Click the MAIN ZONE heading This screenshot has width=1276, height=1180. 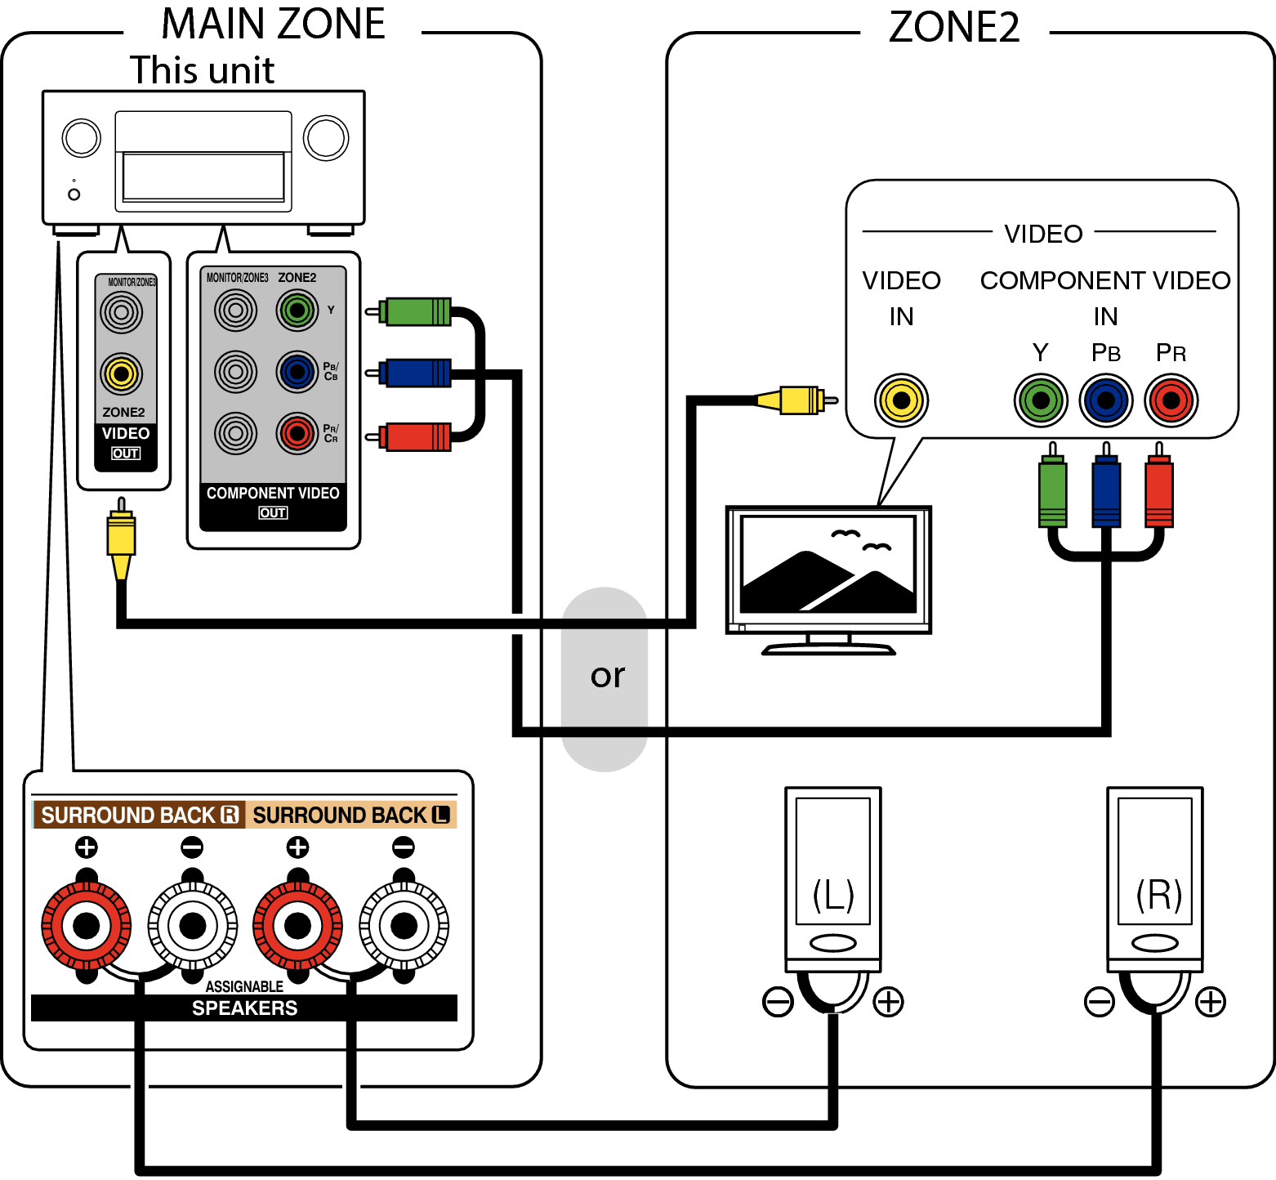pos(273,24)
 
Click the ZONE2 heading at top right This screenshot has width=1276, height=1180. pos(953,27)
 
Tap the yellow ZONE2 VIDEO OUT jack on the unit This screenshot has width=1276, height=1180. pos(122,373)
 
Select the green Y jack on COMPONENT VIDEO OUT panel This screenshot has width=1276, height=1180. pos(297,311)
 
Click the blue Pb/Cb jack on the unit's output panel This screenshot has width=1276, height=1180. pos(297,372)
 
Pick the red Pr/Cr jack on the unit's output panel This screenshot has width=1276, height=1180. pos(297,433)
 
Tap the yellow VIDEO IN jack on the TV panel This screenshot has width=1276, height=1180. pos(901,400)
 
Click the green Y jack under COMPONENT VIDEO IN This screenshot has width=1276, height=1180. pos(1041,400)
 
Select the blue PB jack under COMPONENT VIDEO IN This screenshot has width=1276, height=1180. pos(1105,400)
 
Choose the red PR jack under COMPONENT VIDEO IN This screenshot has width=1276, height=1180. pos(1171,400)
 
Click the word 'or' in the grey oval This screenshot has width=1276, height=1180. pos(607,676)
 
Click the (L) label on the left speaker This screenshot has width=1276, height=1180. pos(832,894)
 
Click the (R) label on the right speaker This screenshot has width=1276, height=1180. pos(1158,894)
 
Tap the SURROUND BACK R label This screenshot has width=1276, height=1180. pos(139,815)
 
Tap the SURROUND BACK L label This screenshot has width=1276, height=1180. pos(350,815)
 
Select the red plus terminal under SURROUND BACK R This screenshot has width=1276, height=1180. pos(87,926)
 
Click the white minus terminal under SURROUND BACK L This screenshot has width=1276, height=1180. pos(404,926)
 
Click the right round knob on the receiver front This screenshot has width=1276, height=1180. pos(326,137)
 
